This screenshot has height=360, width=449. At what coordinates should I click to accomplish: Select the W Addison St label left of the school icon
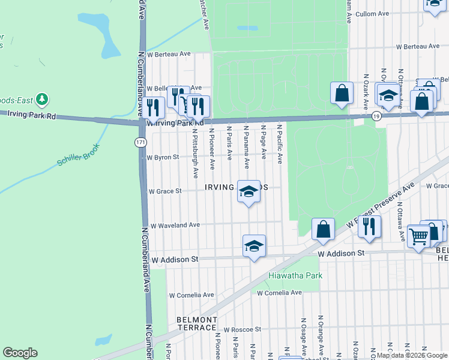tap(175, 260)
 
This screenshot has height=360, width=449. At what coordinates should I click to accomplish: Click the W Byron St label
tap(163, 157)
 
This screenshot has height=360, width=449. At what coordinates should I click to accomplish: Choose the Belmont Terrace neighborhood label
tap(196, 323)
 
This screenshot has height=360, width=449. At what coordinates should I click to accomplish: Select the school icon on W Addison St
tap(254, 245)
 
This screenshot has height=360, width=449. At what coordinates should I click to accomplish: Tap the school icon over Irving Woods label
tap(249, 191)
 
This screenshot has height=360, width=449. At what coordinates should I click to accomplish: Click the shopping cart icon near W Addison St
tap(418, 235)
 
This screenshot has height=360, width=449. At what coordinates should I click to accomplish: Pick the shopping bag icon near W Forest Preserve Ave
tap(323, 229)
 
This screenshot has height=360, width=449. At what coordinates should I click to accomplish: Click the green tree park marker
tap(41, 98)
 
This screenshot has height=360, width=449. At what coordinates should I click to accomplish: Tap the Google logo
tap(20, 353)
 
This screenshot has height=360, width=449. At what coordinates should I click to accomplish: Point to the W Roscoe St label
tap(243, 329)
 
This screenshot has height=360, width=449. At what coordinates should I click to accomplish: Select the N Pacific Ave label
tap(280, 144)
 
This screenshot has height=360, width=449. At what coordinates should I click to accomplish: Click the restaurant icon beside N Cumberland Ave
tap(154, 107)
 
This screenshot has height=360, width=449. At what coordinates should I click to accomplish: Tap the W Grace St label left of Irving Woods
tap(165, 191)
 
